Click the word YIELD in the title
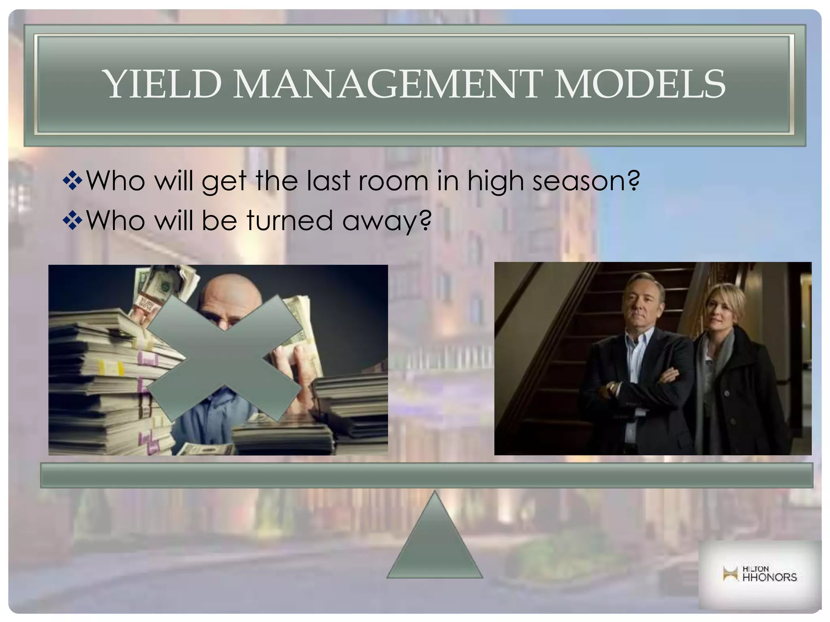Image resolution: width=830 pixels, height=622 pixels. click(164, 84)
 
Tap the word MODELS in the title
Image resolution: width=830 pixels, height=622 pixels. click(639, 84)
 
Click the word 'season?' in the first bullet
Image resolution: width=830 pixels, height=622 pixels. click(586, 181)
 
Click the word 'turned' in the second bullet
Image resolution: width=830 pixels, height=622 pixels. click(289, 221)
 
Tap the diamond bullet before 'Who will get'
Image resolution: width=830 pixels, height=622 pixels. click(73, 181)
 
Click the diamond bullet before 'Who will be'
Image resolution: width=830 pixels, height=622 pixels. click(73, 221)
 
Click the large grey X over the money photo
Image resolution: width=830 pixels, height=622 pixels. click(224, 358)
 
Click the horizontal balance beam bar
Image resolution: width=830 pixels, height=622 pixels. click(426, 475)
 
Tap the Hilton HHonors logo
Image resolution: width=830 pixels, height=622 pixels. click(759, 574)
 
